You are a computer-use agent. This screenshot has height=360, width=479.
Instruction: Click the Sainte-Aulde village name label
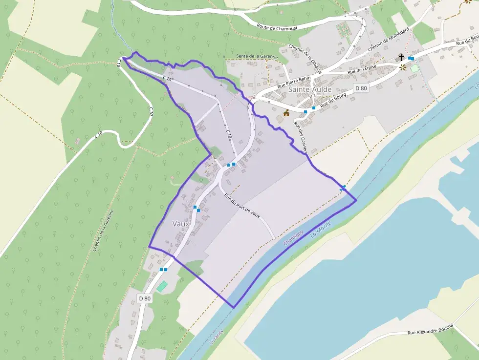pos(310,90)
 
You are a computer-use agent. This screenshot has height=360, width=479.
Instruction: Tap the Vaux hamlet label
pos(181,223)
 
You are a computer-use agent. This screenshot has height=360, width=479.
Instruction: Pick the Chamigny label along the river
pos(293,237)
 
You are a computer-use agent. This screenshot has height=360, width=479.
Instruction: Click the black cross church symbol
pos(401,58)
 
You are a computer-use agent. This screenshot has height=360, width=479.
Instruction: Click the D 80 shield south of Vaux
pos(145,298)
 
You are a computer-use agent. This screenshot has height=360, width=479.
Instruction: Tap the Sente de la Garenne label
pos(257,57)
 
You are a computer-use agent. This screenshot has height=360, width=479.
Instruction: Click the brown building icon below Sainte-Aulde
pos(286,113)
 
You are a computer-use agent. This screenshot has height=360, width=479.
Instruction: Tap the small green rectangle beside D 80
pos(162,287)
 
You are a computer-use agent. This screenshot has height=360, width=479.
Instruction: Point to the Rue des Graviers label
pos(300,137)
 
